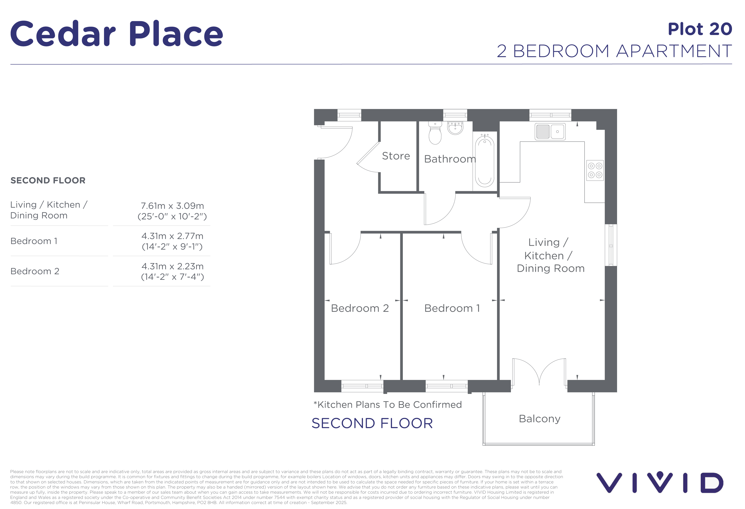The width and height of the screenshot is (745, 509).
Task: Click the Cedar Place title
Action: [117, 34]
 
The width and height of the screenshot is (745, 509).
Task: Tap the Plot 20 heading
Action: [700, 29]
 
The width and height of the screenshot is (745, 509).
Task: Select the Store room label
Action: [396, 156]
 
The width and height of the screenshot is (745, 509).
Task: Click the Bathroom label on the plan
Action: [450, 159]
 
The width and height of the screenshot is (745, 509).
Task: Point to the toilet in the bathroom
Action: [435, 133]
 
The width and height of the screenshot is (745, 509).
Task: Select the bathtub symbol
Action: [484, 161]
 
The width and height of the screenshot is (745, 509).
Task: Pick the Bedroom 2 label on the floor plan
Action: [360, 308]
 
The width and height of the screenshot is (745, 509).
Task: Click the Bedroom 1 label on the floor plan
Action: [452, 308]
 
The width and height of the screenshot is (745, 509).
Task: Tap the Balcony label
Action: [540, 419]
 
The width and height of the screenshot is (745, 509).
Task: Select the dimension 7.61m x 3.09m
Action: [172, 206]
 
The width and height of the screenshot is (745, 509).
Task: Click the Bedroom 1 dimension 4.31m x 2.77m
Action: [172, 236]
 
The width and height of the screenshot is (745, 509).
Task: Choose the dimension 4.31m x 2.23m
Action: [172, 266]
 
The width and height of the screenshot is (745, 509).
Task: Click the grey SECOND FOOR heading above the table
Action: [48, 180]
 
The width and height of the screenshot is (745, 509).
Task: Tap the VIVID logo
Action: [659, 482]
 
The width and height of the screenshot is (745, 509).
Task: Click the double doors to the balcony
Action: [539, 372]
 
